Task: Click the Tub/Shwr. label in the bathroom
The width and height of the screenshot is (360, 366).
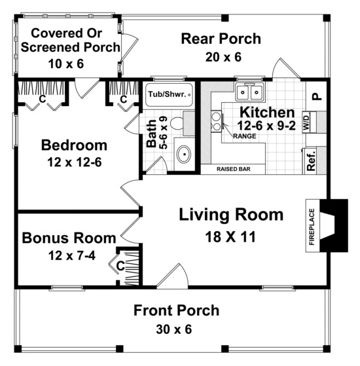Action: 168,94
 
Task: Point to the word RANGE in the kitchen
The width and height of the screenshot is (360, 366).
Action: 243,136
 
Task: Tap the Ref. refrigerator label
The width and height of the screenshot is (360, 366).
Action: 312,162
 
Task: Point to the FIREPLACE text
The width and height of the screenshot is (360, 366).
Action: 312,227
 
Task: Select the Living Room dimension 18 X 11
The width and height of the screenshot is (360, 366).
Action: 231,236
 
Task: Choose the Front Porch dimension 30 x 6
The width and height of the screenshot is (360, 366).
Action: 176,329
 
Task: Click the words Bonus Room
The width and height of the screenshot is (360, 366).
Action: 69,237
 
